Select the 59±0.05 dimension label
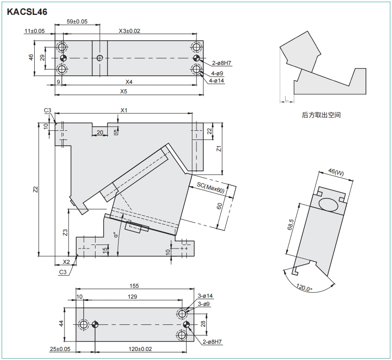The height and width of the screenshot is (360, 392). [x=77, y=22]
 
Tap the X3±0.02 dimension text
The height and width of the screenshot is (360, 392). [x=129, y=31]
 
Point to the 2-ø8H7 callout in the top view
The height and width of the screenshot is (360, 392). [x=221, y=62]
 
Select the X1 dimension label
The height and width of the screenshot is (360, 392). [x=124, y=110]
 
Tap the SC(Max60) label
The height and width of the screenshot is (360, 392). [x=210, y=188]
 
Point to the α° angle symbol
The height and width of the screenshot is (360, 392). [x=115, y=235]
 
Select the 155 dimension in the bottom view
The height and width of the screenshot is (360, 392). [x=134, y=286]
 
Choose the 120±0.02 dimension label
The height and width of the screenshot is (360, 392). [x=140, y=349]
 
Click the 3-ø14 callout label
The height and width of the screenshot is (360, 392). [x=205, y=296]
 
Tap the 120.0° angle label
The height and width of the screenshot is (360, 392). [x=305, y=287]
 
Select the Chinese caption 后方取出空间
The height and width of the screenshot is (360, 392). [x=321, y=115]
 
